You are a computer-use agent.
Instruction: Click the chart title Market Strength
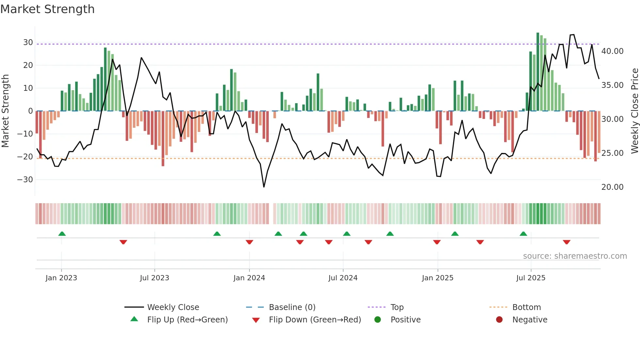47,9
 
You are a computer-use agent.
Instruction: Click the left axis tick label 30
28,42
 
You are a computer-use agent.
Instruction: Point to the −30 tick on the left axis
25,180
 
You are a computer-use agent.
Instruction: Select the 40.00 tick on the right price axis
612,51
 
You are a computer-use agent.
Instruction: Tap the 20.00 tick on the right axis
612,187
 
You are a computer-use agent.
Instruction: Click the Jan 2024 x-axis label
249,278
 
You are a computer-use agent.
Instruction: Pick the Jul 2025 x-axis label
531,278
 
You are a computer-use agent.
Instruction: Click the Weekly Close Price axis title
634,111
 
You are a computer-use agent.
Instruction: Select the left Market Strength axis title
6,111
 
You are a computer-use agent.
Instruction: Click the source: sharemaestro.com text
575,256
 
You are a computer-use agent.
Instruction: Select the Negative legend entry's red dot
499,320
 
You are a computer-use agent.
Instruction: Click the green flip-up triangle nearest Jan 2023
62,234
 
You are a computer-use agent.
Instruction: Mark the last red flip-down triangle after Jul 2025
567,242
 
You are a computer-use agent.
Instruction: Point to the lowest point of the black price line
264,187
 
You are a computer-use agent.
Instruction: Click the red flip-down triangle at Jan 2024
249,242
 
